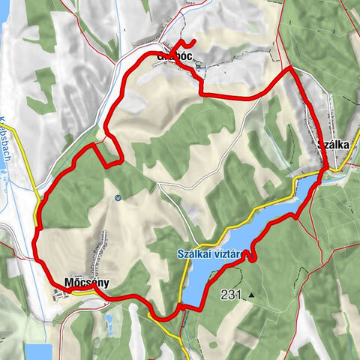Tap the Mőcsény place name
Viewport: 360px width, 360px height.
pos(88,283)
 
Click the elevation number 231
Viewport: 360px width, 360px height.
pos(232,295)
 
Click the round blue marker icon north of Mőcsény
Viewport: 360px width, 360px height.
pos(118,198)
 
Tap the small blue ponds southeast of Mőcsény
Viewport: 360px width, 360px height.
pos(110,323)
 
